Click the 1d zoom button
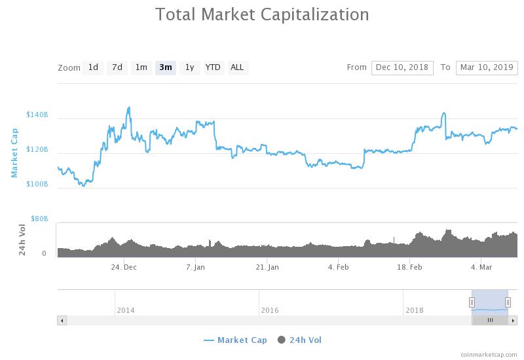coord(93,67)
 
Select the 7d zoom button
coord(117,67)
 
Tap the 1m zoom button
coord(141,67)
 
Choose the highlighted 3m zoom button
coord(165,67)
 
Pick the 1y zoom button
coord(189,67)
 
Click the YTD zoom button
coord(213,67)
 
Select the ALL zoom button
coord(237,67)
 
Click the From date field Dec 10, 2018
coord(402,67)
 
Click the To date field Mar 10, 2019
coord(487,67)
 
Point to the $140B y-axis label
coord(37,115)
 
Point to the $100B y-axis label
coord(37,184)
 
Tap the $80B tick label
coord(39,219)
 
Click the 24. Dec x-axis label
coord(124,267)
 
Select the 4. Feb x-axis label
coord(339,267)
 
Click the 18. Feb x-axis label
coord(409,267)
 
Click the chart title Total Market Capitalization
coord(262,14)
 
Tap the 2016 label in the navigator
coord(270,310)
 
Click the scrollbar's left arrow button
coord(62,320)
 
